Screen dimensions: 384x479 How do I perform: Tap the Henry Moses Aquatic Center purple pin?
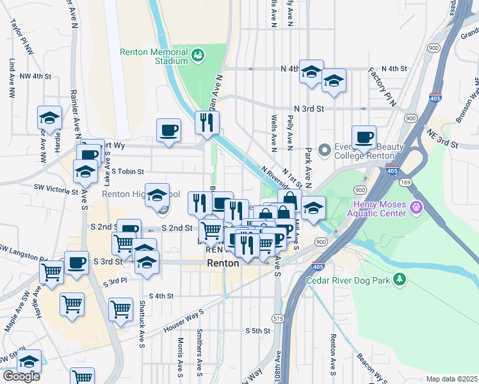click(417, 207)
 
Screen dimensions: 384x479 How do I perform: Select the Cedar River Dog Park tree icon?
click(400, 279)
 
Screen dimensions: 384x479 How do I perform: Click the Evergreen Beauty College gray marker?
click(325, 151)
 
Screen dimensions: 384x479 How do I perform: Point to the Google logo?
click(21, 376)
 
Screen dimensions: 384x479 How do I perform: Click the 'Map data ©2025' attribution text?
click(451, 379)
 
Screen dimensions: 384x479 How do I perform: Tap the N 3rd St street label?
click(309, 109)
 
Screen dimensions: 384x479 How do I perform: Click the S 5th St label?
click(258, 330)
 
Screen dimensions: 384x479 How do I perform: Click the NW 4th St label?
click(35, 76)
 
